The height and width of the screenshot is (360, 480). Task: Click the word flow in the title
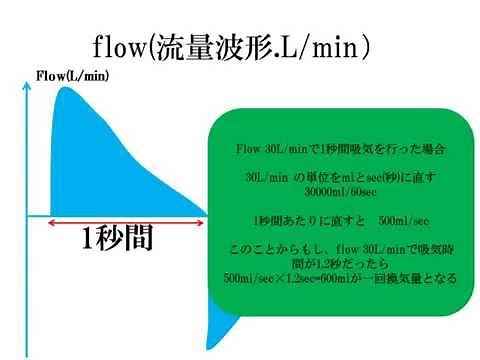click(119, 46)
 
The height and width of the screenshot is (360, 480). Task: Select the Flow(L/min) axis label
click(72, 76)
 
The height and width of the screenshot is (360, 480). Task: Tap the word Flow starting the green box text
click(247, 149)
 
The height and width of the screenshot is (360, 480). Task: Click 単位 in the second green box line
click(321, 177)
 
